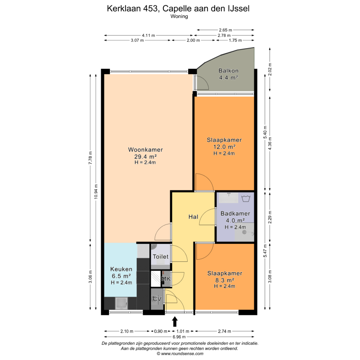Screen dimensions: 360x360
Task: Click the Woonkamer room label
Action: tap(145, 150)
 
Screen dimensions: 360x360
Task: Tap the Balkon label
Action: tap(229, 71)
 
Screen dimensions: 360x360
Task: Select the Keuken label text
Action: tap(121, 269)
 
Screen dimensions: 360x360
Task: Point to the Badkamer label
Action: tap(235, 213)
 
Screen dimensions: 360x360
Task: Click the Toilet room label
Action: tap(161, 256)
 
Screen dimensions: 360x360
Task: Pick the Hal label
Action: tap(193, 217)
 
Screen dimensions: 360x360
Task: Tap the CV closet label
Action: tap(157, 299)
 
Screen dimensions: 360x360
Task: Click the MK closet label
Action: tap(166, 279)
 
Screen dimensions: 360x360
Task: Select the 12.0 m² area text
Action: tap(224, 147)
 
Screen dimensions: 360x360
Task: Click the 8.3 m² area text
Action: tap(225, 280)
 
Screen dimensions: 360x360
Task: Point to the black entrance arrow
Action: tap(175, 322)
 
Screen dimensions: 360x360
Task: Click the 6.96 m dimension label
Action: tap(179, 337)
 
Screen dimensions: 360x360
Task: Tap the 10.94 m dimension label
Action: tap(96, 192)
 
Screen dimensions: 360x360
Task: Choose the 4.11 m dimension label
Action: tap(148, 36)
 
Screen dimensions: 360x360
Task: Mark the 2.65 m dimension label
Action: tap(225, 30)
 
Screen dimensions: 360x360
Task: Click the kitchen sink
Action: tap(121, 303)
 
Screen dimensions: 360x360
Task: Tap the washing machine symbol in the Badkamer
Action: tap(246, 198)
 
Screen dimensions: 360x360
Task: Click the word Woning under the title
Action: tap(179, 16)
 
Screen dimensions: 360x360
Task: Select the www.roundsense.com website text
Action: tap(182, 354)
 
